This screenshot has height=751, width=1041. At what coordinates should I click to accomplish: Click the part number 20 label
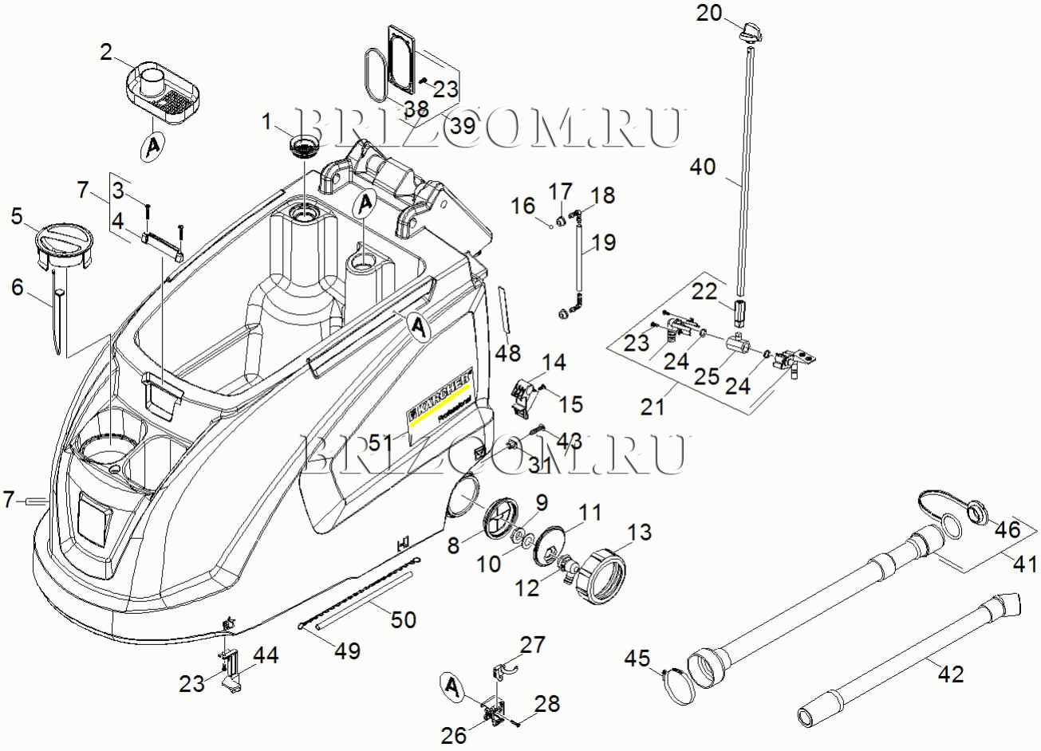click(x=708, y=13)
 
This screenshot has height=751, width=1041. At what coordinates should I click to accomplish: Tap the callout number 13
click(x=639, y=532)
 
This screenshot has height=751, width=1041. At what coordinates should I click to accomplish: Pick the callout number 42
click(x=950, y=674)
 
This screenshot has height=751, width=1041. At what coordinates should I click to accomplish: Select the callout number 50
click(x=404, y=618)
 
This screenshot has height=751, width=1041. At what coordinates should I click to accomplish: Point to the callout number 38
click(x=416, y=108)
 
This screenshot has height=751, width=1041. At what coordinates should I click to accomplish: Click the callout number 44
click(x=266, y=656)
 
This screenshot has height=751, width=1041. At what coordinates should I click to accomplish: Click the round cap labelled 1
click(x=303, y=145)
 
